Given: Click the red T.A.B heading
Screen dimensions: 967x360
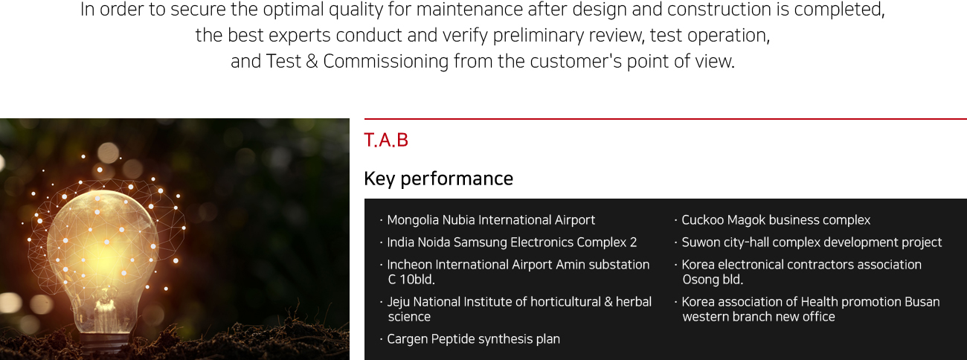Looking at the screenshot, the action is [x=386, y=141].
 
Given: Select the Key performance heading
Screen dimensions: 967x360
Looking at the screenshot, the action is [x=439, y=179].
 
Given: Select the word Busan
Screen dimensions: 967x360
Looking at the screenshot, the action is [x=922, y=302].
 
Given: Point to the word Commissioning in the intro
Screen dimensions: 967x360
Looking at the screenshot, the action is [x=386, y=61].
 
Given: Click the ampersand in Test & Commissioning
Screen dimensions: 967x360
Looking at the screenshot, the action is [x=312, y=61].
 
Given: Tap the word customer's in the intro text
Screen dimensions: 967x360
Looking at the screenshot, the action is [x=576, y=61].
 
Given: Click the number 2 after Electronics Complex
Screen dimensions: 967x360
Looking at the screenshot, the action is [x=633, y=242].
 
